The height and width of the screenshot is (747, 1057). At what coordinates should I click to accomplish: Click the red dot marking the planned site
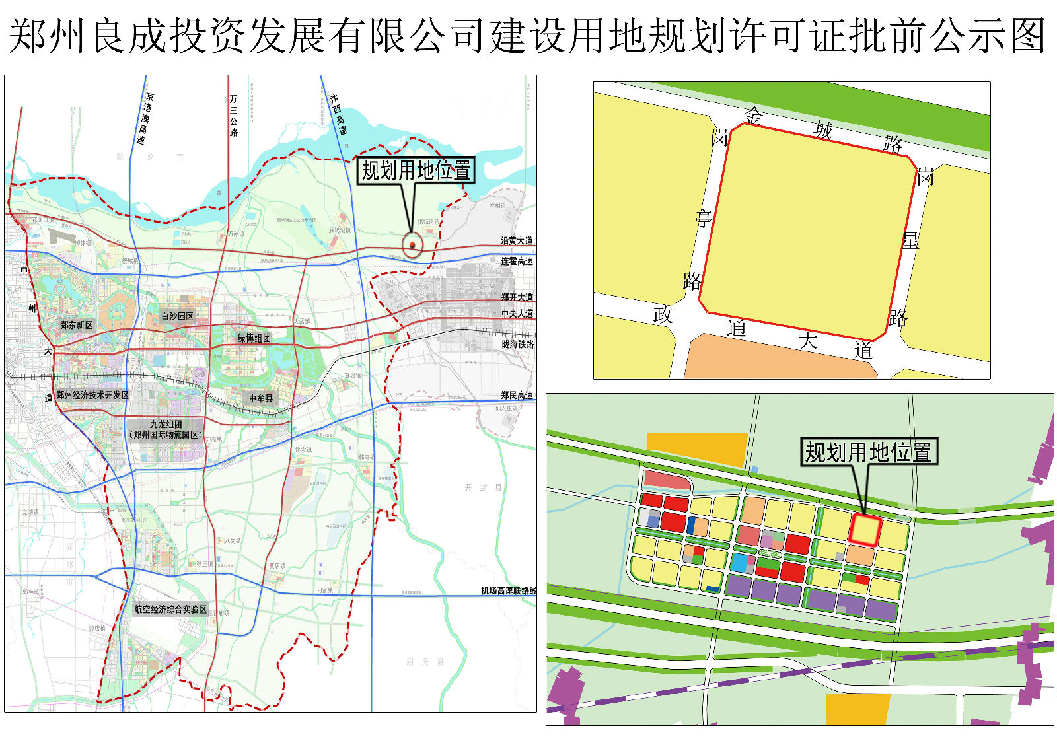tap(412, 245)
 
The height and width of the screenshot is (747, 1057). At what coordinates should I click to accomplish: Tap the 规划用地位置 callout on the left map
tap(416, 170)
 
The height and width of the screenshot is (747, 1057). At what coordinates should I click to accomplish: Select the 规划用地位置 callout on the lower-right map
tap(868, 452)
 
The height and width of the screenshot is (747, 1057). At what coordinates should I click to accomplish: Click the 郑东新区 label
tap(77, 325)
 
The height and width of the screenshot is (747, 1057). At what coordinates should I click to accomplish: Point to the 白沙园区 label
tap(177, 316)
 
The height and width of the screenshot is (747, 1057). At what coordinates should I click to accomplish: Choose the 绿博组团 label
tap(254, 338)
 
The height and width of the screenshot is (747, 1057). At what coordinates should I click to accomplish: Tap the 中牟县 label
tap(260, 398)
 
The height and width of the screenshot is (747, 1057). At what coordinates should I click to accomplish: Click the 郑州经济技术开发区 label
tap(92, 395)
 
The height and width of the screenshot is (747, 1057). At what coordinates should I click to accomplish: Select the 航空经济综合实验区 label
tap(170, 610)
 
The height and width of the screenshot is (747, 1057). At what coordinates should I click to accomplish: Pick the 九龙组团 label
tap(166, 425)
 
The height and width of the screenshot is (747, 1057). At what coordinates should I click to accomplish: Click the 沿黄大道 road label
tap(517, 241)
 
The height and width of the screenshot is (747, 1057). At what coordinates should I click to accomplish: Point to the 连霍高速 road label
tap(517, 262)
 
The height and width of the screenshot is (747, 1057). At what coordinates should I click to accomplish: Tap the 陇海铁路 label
tap(517, 345)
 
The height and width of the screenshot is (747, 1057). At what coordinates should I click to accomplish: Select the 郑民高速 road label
tap(517, 395)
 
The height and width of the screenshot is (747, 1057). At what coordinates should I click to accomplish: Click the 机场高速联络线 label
tap(509, 591)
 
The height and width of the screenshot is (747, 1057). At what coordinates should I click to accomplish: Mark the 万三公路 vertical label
tap(233, 116)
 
